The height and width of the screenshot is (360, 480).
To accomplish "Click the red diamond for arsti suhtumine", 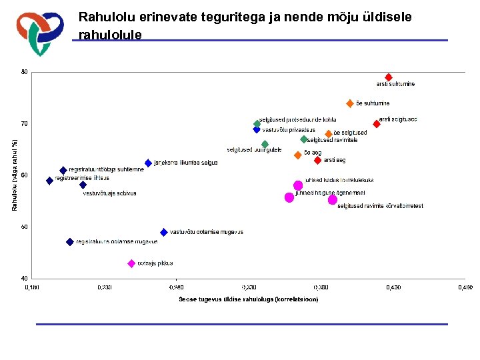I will pyautogui.click(x=389, y=77).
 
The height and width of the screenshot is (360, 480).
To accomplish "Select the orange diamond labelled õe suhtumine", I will pyautogui.click(x=350, y=103).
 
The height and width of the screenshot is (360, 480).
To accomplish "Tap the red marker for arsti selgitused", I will pyautogui.click(x=377, y=124).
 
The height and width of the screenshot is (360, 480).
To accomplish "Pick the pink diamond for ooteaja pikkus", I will pyautogui.click(x=131, y=263).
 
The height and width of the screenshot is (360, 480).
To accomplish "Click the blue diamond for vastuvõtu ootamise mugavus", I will pyautogui.click(x=164, y=232).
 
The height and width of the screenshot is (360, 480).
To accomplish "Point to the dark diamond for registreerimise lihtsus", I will pyautogui.click(x=49, y=181).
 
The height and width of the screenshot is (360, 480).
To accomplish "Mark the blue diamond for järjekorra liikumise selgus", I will pyautogui.click(x=148, y=163).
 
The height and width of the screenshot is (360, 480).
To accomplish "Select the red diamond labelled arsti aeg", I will pyautogui.click(x=317, y=160).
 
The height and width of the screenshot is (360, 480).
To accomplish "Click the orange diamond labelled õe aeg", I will pyautogui.click(x=298, y=155).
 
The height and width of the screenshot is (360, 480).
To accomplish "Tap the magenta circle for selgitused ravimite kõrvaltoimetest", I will pyautogui.click(x=333, y=199).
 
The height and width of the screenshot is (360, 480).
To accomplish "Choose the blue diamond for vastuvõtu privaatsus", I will pyautogui.click(x=257, y=130).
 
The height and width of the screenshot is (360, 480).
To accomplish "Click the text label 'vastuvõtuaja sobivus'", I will pyautogui.click(x=109, y=193).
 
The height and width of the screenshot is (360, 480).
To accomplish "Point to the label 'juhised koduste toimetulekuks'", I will pyautogui.click(x=339, y=180).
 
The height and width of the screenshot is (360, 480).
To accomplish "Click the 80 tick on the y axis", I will pyautogui.click(x=24, y=72).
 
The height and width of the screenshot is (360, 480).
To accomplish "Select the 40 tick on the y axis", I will pyautogui.click(x=24, y=278).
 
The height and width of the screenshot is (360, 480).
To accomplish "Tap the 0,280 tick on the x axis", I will pyautogui.click(x=177, y=287).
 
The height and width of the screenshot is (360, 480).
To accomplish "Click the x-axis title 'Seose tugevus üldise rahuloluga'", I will pyautogui.click(x=248, y=299).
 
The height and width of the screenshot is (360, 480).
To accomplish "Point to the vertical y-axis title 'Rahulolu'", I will pyautogui.click(x=15, y=175).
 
